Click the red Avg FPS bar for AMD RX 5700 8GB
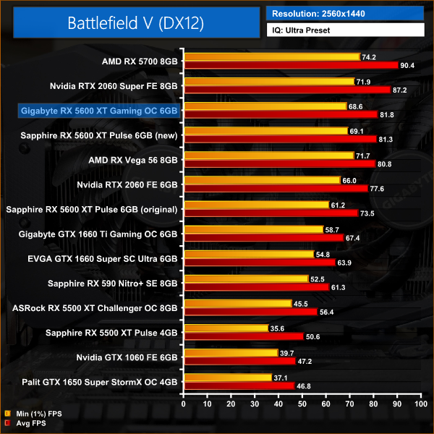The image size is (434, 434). (x=292, y=65)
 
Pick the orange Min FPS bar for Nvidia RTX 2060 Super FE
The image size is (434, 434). (x=269, y=82)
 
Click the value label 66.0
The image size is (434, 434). (x=350, y=180)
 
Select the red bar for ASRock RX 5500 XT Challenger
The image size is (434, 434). (x=251, y=312)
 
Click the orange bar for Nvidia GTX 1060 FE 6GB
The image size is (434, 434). (x=231, y=352)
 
